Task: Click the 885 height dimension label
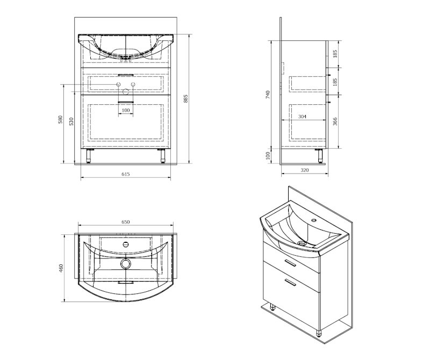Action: tap(185, 99)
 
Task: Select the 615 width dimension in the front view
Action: tap(126, 174)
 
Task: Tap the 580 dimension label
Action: tap(61, 119)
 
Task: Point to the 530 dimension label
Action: tap(71, 121)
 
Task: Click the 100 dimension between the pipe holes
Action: tap(126, 110)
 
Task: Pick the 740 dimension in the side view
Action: tap(268, 95)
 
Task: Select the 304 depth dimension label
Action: tap(302, 117)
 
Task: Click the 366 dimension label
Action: tap(335, 121)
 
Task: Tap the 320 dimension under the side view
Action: tap(305, 170)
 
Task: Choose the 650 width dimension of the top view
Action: tap(126, 222)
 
